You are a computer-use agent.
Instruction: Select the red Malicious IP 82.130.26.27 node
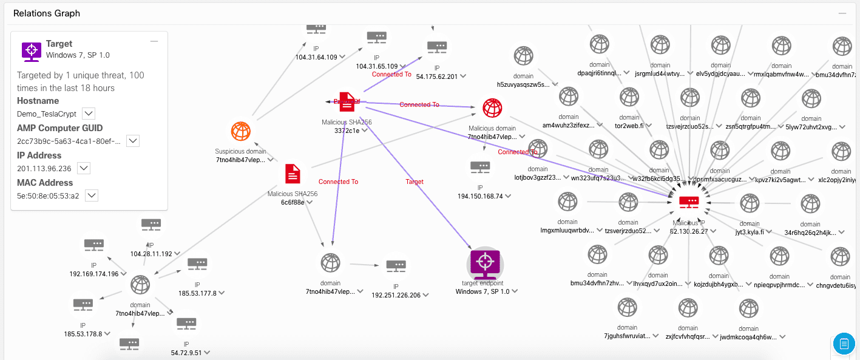coord(689,202)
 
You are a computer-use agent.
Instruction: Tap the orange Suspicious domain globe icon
coord(241,131)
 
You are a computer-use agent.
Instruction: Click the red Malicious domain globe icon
coord(492,108)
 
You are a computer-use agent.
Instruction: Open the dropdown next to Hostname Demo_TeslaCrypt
coord(88,114)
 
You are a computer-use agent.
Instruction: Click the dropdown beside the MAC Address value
coord(92,195)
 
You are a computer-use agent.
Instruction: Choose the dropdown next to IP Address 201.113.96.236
coord(84,168)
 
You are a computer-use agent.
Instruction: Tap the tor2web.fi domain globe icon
coord(629,97)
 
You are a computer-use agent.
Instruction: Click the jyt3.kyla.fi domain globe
coord(749,203)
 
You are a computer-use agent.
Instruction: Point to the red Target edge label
coord(415,182)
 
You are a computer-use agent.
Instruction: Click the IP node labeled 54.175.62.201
coord(437,47)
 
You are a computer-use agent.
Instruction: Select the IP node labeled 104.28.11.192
coord(151,225)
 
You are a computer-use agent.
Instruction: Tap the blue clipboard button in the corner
coord(844,344)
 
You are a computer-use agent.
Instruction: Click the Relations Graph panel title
coord(47,13)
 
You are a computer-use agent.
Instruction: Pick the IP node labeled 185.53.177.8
coord(197,264)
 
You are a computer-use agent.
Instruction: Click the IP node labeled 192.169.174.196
coord(94,245)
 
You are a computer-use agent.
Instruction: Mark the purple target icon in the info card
coord(31,50)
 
